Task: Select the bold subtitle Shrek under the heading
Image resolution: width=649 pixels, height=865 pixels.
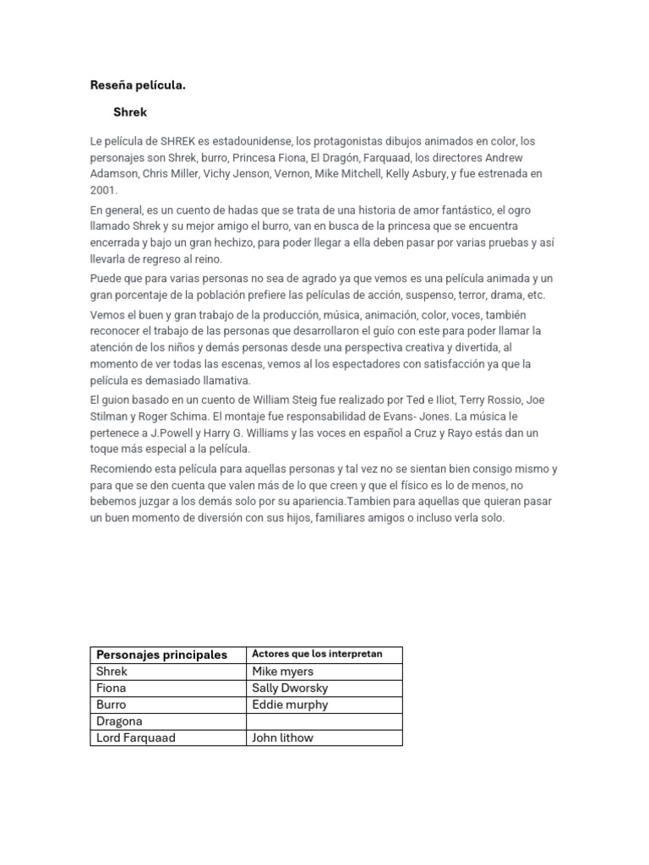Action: [130, 112]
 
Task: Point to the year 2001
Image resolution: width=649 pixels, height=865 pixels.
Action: [104, 190]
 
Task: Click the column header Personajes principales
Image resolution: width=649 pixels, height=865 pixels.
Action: [161, 655]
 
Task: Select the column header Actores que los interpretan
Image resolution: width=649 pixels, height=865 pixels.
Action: [317, 655]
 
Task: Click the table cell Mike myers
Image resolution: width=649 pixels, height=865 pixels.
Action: [282, 672]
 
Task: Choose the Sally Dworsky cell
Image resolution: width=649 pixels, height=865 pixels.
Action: [290, 688]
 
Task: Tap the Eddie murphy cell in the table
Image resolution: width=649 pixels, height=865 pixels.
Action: [290, 705]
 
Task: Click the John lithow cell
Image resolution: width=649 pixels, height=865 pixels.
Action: [282, 737]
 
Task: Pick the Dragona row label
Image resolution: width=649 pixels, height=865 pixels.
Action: [119, 721]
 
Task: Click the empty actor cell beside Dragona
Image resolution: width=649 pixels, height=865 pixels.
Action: [324, 721]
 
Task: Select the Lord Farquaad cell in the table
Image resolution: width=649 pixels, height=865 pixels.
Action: [137, 737]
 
